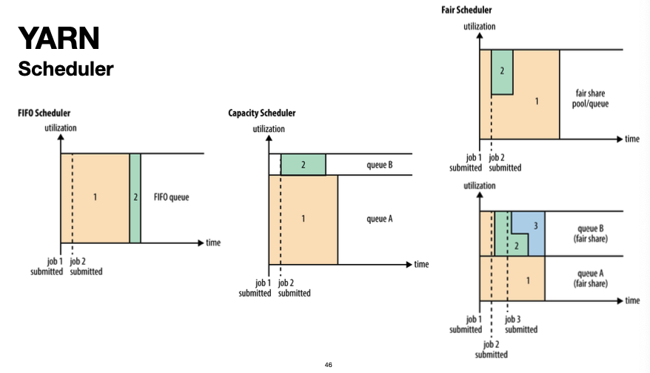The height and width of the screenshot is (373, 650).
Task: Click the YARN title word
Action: (x=58, y=37)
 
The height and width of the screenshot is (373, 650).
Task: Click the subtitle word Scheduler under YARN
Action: (x=65, y=69)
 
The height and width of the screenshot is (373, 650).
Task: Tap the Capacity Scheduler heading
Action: (x=261, y=113)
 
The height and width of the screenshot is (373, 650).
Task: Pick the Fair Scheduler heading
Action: (x=466, y=10)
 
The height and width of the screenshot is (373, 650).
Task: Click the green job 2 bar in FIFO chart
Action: (x=135, y=198)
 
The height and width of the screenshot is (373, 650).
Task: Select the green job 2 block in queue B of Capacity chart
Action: (x=303, y=165)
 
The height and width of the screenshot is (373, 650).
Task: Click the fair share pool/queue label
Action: (x=592, y=99)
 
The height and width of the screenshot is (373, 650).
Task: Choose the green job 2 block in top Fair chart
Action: (x=502, y=72)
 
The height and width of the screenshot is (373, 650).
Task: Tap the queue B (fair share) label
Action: (x=589, y=233)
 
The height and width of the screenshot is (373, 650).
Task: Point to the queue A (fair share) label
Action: (x=589, y=277)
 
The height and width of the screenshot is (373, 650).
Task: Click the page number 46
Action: (x=328, y=365)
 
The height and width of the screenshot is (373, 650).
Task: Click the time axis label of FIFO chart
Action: (x=213, y=242)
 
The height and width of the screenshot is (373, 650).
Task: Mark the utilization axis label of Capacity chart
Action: (x=268, y=129)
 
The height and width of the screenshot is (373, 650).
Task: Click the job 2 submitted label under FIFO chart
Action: (x=86, y=266)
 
